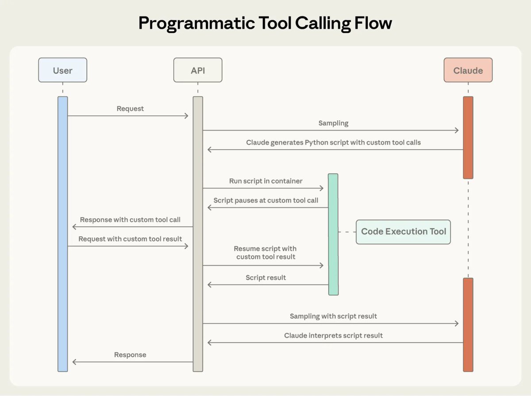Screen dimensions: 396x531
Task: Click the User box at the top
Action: click(x=62, y=70)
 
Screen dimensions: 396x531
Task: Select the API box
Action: click(x=198, y=70)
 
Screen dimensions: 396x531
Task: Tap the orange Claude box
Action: click(x=468, y=70)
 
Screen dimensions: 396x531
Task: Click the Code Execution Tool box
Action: click(x=403, y=231)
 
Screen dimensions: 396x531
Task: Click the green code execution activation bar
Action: click(x=333, y=234)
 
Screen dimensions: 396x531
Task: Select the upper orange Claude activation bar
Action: click(x=468, y=138)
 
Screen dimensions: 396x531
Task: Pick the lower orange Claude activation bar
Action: click(x=468, y=324)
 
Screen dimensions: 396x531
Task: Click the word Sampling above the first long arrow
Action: click(x=333, y=123)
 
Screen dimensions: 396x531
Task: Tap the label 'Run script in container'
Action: click(x=265, y=181)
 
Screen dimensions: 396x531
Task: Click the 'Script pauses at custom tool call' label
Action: click(x=265, y=200)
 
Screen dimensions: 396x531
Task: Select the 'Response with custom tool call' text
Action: click(x=130, y=219)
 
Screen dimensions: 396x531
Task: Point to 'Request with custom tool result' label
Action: click(x=130, y=239)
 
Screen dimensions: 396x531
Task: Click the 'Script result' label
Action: click(x=265, y=277)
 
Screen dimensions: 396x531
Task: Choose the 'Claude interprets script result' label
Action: click(x=333, y=335)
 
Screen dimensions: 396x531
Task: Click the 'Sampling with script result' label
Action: click(x=333, y=316)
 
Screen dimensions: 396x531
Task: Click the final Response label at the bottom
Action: click(x=130, y=355)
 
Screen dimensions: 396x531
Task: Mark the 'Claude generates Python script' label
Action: click(x=333, y=142)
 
